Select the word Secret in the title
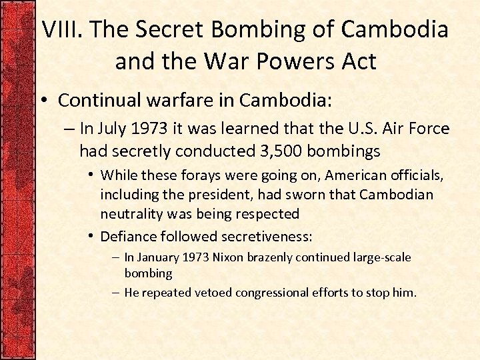pos(169,29)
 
